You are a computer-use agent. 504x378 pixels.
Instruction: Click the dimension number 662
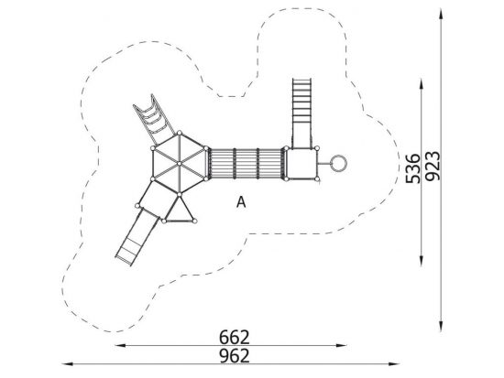(x=235, y=337)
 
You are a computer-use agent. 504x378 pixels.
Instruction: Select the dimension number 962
(x=235, y=356)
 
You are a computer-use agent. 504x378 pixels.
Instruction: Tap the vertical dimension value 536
(x=413, y=168)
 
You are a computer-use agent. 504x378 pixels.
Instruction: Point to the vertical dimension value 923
(x=432, y=166)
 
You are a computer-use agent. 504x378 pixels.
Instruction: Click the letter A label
(x=241, y=202)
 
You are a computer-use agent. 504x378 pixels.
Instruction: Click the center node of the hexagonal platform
(x=179, y=164)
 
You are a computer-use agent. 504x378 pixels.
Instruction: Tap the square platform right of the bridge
(x=301, y=164)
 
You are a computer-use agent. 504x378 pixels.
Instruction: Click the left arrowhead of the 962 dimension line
(x=67, y=364)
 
